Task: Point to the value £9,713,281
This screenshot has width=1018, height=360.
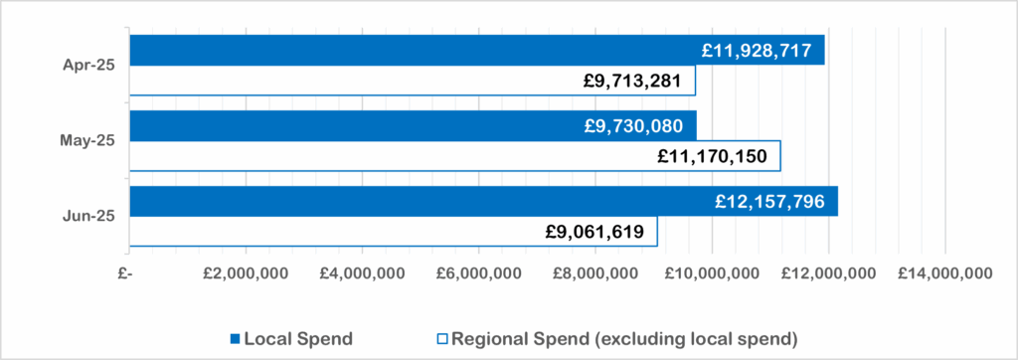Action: click(x=631, y=81)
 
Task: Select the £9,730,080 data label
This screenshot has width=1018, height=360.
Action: click(x=633, y=125)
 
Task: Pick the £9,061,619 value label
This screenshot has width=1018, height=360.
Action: click(x=594, y=232)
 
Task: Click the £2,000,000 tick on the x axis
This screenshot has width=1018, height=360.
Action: click(x=246, y=274)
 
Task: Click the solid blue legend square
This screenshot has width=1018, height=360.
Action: click(x=236, y=339)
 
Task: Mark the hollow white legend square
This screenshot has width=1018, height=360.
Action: click(x=442, y=339)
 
